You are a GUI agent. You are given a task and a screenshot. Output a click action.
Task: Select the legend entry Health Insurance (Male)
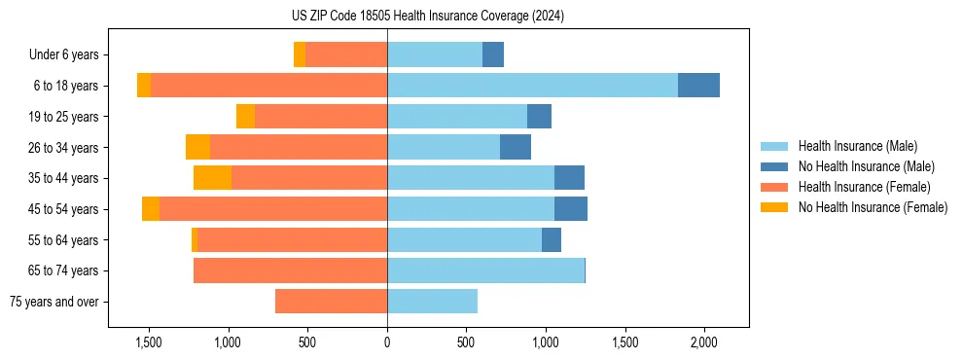coord(856,146)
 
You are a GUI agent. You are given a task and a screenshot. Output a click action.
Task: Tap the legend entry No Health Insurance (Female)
coord(873,207)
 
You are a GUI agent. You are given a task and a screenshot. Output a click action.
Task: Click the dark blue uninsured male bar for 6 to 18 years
coord(698,86)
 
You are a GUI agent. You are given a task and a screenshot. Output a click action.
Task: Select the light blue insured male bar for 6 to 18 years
coord(532,86)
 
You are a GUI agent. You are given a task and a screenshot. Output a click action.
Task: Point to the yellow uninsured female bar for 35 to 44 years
coord(212,178)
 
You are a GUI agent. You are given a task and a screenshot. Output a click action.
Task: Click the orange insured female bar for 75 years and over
coord(331,302)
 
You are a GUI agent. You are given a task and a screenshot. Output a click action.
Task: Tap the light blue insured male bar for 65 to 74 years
coord(485,270)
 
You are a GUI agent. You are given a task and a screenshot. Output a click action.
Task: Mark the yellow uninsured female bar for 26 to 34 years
coord(197,147)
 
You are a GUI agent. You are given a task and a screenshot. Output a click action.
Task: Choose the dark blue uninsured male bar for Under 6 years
coord(493,54)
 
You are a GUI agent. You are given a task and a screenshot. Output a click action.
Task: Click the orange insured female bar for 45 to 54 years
coord(273,209)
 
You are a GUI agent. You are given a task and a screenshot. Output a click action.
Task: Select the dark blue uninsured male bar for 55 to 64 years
coord(552,239)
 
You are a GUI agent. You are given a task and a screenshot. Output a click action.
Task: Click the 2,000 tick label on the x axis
coord(704,342)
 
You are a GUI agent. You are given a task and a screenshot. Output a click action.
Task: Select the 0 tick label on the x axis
coord(387,342)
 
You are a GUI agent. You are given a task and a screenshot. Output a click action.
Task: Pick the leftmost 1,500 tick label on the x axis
coord(149,342)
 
